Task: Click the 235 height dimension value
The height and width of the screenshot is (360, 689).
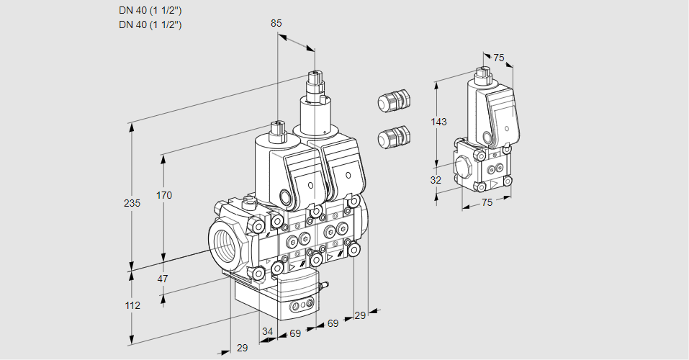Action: pos(132,204)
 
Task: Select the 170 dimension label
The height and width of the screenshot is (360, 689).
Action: pos(164,195)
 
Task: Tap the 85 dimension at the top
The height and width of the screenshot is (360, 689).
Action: pos(276,23)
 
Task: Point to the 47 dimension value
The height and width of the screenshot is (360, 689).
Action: pos(163,279)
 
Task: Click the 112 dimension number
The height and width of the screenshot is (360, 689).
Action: pos(132,305)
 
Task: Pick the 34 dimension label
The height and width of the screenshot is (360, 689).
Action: pos(268,332)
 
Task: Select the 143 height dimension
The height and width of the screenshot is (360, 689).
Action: pos(438,122)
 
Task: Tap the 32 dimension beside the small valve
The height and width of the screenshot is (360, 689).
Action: pos(436,180)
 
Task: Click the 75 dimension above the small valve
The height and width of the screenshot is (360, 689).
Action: pos(499,58)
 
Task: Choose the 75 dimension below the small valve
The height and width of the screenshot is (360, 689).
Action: pos(487,203)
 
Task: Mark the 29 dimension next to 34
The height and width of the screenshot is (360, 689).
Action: pos(242,348)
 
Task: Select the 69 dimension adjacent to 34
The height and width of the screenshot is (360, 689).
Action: pos(294,333)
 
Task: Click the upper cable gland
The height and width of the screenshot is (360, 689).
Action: pos(393,100)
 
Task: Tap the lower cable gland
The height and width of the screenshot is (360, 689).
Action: pos(393,136)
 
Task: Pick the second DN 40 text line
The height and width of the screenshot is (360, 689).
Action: pos(150,24)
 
